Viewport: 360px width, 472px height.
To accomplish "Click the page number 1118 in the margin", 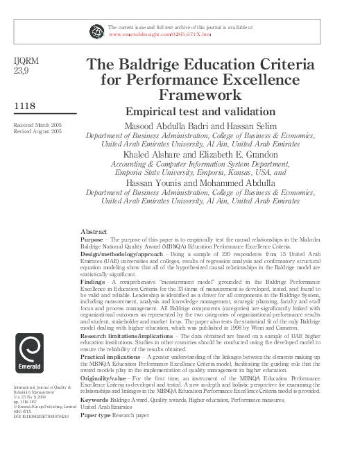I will (x=26, y=105).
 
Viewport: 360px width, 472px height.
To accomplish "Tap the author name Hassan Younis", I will (x=156, y=183).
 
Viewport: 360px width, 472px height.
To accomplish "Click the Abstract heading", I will (x=94, y=231).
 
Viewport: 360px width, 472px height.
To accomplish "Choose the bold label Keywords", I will (x=94, y=400).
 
